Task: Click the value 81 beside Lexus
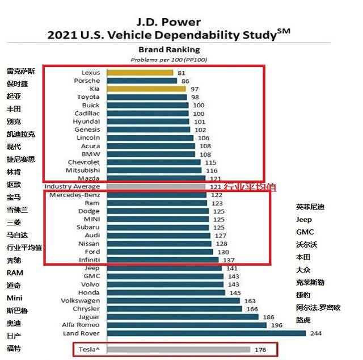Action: [x=181, y=73]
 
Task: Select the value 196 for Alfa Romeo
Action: [x=276, y=325]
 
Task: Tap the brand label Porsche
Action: [x=87, y=81]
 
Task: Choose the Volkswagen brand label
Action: [x=80, y=300]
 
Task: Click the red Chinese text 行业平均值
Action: [x=250, y=187]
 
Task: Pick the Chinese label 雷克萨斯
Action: [x=21, y=72]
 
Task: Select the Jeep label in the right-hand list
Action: [x=304, y=220]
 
